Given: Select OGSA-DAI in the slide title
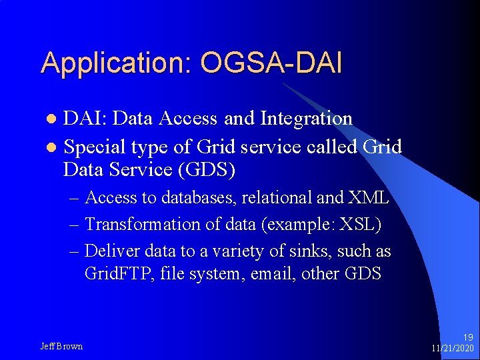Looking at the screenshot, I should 271,63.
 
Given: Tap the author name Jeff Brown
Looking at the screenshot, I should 61,346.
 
